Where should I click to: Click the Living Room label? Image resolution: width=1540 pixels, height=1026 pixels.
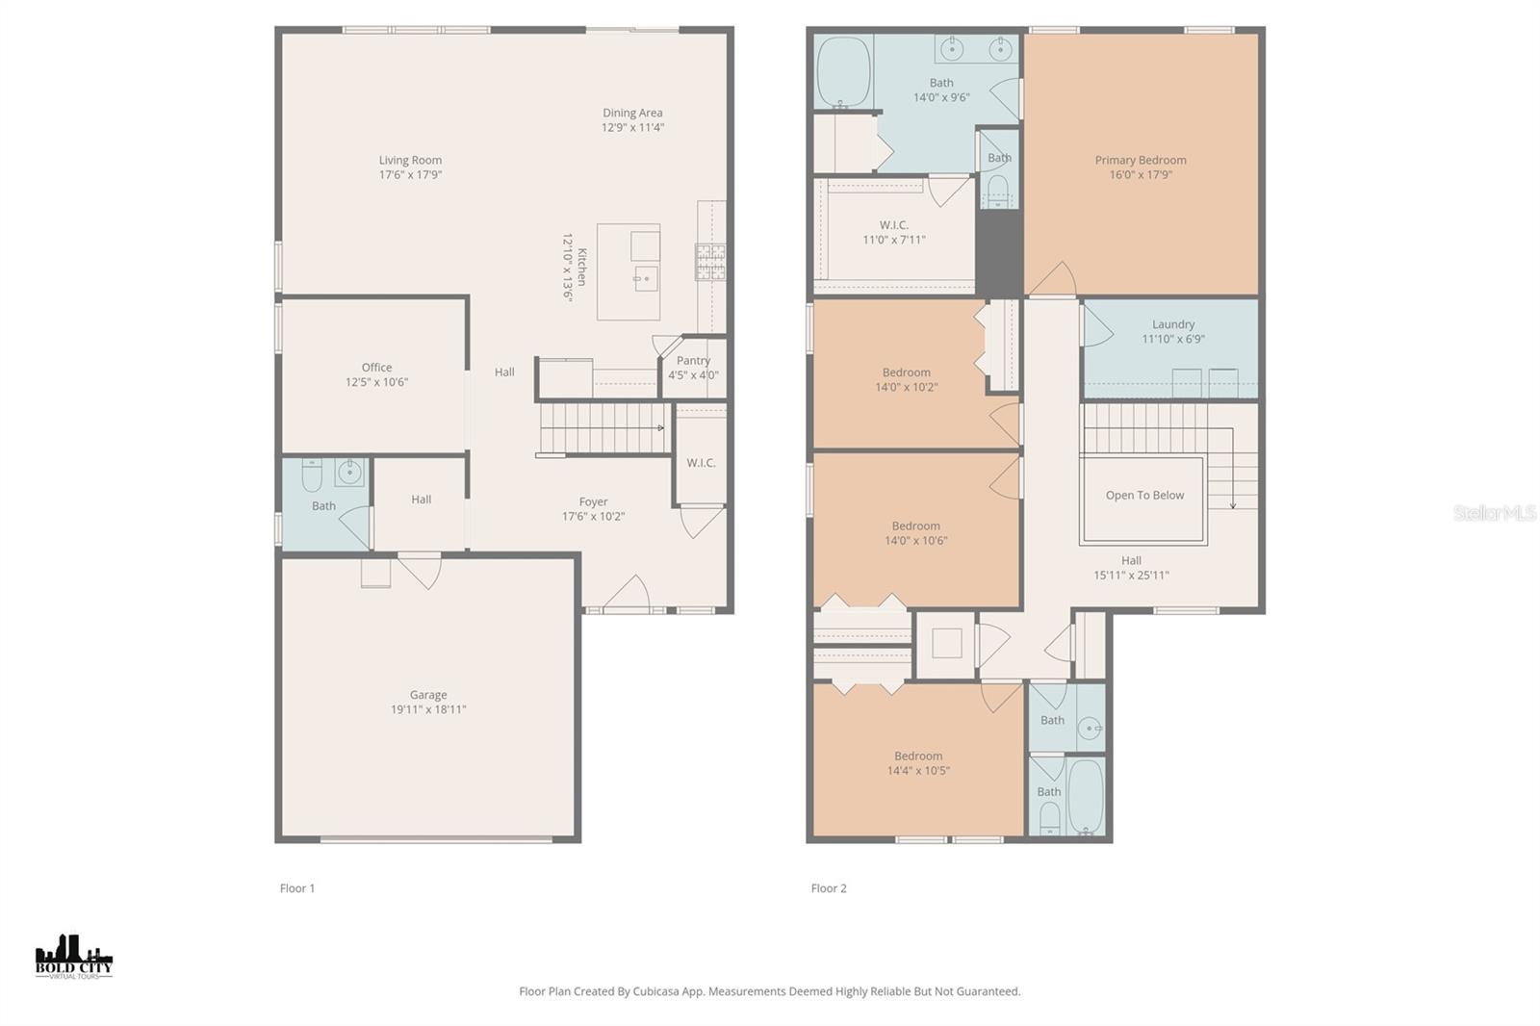[410, 160]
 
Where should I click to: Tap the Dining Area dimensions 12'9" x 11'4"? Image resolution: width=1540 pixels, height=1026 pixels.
[632, 127]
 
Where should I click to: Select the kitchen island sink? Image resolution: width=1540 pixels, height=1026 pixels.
[645, 279]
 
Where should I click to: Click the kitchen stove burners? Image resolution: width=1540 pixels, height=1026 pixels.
[711, 262]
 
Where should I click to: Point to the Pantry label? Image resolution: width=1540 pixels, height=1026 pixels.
[693, 360]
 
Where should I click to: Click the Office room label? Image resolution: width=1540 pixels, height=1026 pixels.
[376, 368]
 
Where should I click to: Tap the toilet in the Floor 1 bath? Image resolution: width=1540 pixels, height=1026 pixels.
[312, 475]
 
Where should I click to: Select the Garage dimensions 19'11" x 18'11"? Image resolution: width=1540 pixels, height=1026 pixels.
[428, 709]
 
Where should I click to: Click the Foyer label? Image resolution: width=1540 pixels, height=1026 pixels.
[593, 502]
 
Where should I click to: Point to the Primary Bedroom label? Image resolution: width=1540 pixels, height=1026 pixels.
[1141, 160]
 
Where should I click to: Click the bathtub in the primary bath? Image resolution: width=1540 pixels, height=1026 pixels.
[843, 72]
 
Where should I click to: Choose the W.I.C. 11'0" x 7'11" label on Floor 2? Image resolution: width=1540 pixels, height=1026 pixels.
[894, 232]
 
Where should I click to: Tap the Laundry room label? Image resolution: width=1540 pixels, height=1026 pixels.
[1173, 324]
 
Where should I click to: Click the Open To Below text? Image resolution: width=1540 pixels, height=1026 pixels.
[1144, 495]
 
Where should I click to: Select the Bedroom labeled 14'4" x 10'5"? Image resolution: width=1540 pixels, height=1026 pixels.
[918, 763]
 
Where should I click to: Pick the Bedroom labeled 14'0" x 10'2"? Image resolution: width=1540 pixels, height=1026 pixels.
[906, 379]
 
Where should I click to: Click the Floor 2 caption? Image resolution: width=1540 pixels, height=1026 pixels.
[829, 888]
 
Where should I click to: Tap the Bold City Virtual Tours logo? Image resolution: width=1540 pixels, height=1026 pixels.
[73, 957]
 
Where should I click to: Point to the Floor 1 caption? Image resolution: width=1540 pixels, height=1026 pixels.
[297, 888]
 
